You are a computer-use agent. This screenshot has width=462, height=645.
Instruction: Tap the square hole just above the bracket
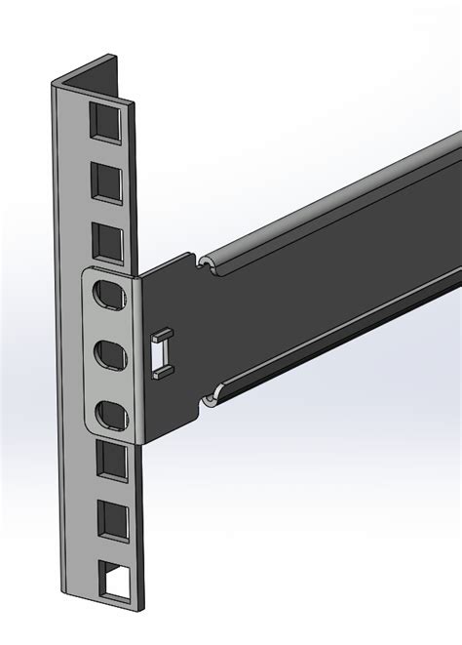(107, 240)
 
